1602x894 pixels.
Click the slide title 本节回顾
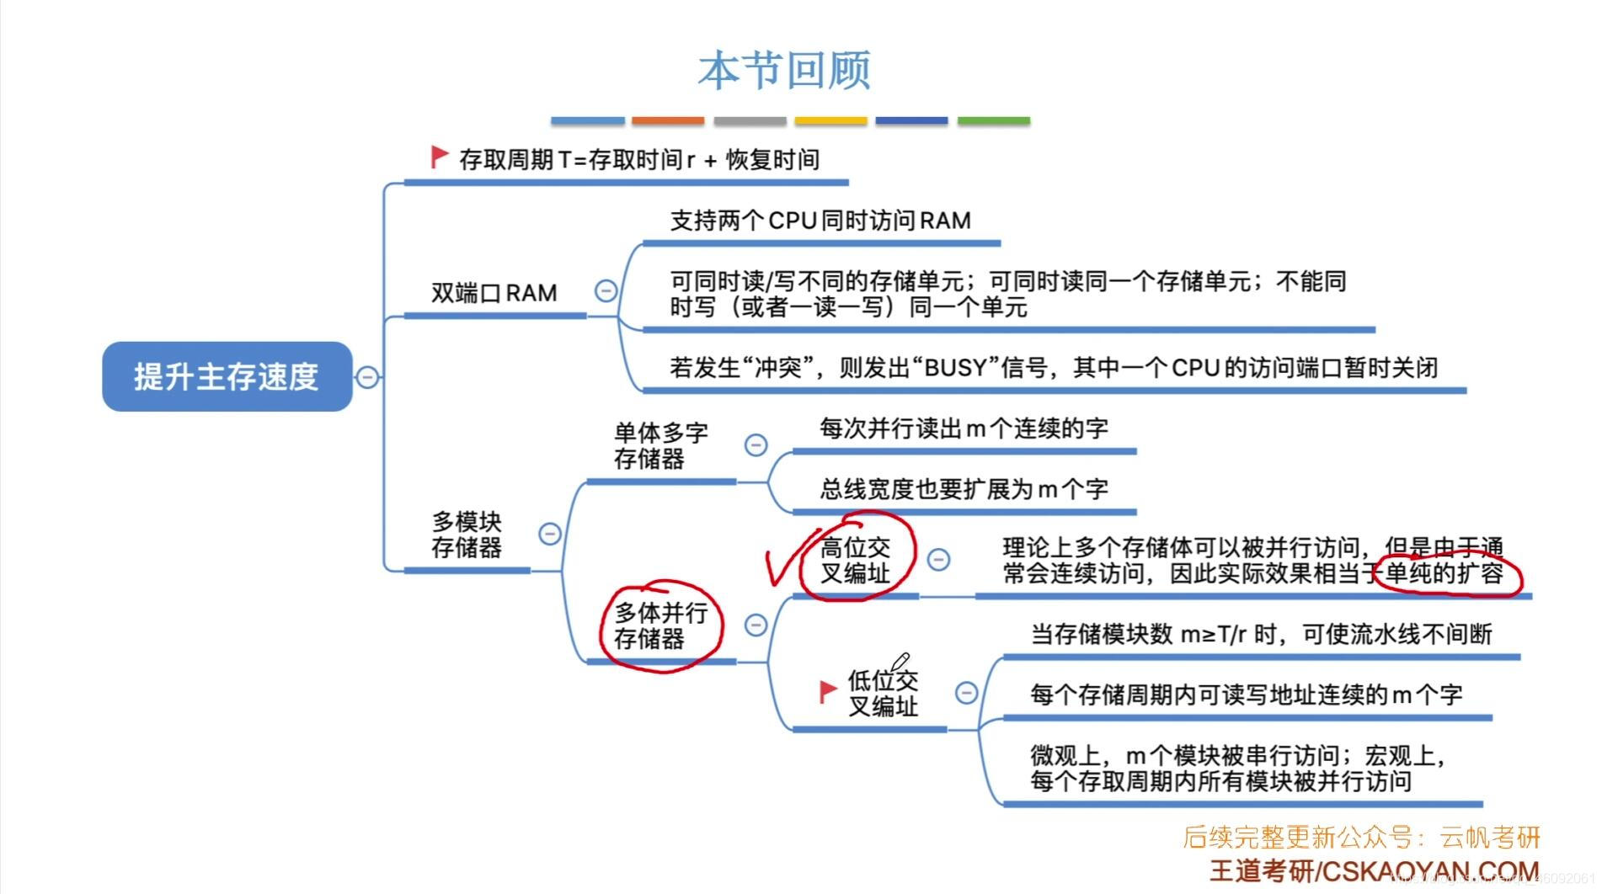click(784, 70)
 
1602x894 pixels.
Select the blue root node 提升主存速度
click(227, 376)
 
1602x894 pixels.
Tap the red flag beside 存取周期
click(439, 157)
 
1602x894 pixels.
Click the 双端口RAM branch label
click(494, 293)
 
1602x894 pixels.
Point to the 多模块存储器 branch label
click(466, 535)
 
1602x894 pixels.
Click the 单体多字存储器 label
click(660, 446)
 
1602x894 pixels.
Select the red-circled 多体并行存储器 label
click(660, 625)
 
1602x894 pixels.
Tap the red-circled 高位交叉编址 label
click(855, 561)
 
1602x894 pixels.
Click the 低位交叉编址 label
click(882, 693)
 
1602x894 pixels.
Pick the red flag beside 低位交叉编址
click(828, 691)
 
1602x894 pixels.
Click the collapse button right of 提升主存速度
click(367, 376)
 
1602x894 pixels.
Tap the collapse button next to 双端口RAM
click(606, 291)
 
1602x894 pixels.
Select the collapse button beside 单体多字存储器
click(756, 444)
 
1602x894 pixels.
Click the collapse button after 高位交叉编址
click(938, 559)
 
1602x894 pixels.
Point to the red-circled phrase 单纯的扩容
click(1444, 574)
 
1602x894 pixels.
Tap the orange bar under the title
click(667, 121)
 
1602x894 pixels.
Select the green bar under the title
click(993, 121)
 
